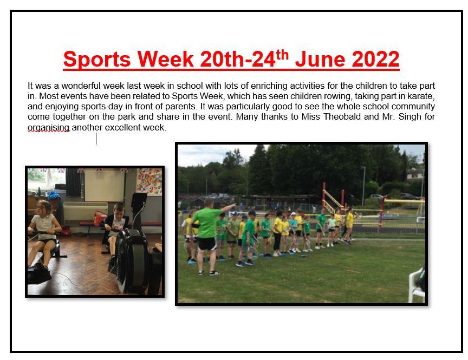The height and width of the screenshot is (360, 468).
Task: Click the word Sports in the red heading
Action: [97, 60]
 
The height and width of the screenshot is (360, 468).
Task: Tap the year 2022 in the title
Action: [375, 59]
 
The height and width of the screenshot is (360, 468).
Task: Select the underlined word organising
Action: [48, 128]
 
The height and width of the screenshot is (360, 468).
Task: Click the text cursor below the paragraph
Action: [96, 139]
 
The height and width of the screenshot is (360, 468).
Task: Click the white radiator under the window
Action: [86, 213]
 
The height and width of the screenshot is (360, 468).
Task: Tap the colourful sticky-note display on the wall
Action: [149, 182]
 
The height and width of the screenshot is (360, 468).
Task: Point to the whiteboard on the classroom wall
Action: [104, 186]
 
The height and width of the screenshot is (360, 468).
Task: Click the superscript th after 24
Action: [282, 55]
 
